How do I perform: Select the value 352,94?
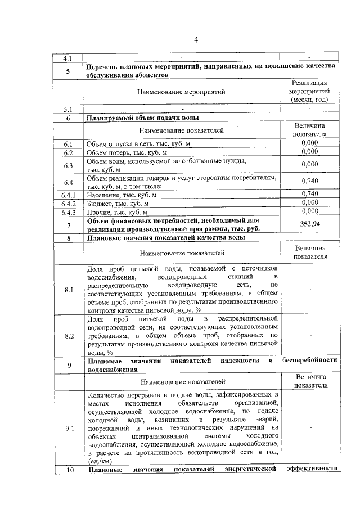[310, 225]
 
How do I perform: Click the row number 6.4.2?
[68, 203]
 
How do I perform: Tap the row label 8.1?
[69, 290]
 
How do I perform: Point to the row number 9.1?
[69, 429]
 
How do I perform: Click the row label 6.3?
[69, 165]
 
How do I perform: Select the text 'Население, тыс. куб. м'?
[121, 195]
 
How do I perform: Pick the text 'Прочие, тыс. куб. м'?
[117, 212]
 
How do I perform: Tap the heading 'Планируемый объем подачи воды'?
[142, 118]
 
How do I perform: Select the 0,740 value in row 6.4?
[310, 181]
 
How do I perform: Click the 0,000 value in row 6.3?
[310, 164]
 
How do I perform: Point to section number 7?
[69, 225]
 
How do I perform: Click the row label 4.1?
[68, 58]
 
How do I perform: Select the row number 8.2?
[69, 336]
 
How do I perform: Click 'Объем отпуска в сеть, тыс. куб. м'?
[138, 144]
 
